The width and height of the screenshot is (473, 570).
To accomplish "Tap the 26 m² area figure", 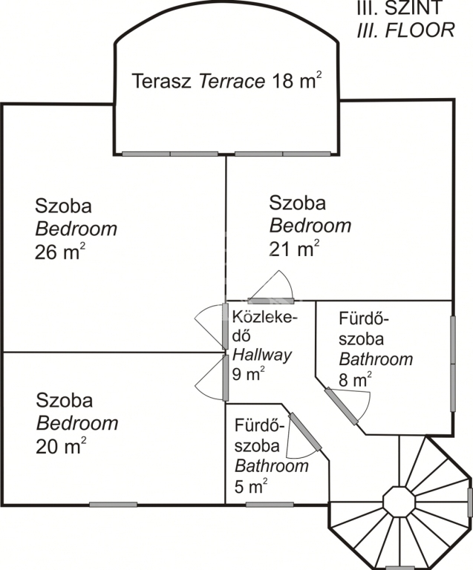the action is point(60,251).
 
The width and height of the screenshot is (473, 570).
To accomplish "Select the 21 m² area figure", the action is point(294,249).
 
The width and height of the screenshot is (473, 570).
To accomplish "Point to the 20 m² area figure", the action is point(61,445).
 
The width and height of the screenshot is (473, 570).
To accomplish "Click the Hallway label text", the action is point(262,356).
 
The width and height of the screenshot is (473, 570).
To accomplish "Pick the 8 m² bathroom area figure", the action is point(355,379).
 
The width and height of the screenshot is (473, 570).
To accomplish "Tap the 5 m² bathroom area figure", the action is point(251,485).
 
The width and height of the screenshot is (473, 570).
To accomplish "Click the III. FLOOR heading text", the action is point(405,30).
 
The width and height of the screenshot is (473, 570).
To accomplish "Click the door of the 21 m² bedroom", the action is point(271,301).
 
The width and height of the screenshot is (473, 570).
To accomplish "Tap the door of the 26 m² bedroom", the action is point(226,326).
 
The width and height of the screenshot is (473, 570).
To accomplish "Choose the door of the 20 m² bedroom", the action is point(226,378).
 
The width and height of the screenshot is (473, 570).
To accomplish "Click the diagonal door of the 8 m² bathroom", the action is point(342,406).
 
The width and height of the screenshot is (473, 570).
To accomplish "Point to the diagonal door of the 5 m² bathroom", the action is point(305,432).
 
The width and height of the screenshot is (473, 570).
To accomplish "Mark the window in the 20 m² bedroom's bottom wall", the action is point(113,505).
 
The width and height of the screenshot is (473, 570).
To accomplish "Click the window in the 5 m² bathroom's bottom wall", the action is point(270,505).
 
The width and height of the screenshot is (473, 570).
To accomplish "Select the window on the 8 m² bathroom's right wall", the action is point(453,364).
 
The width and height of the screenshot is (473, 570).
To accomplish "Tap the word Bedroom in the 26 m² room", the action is point(76,229).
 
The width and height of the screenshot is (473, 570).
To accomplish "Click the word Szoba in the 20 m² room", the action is point(65,400).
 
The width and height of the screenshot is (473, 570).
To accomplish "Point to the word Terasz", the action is point(161,81).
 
